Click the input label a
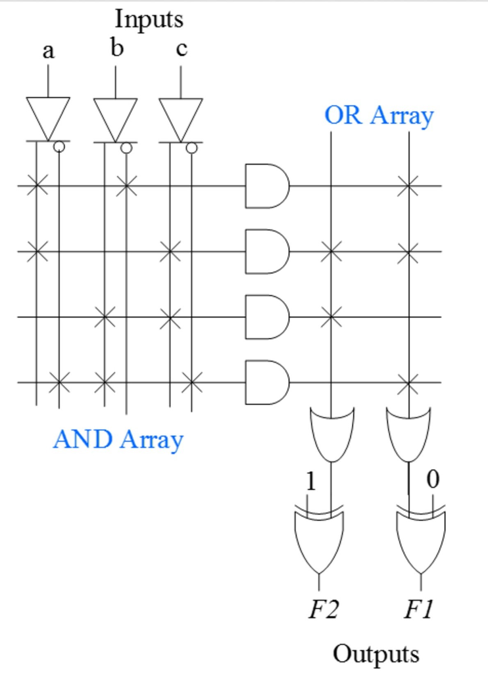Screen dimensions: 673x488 pyautogui.click(x=47, y=51)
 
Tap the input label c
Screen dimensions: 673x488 pyautogui.click(x=182, y=51)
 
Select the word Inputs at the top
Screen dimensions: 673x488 pyautogui.click(x=149, y=19)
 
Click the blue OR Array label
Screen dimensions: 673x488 pyautogui.click(x=379, y=115)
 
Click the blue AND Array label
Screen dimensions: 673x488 pyautogui.click(x=118, y=439)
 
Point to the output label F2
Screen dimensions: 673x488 pyautogui.click(x=324, y=611)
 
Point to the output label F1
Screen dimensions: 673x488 pyautogui.click(x=419, y=611)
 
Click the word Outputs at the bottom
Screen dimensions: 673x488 pyautogui.click(x=376, y=654)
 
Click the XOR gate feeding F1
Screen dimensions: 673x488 pyautogui.click(x=421, y=541)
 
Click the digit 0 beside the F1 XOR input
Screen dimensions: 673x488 pyautogui.click(x=431, y=479)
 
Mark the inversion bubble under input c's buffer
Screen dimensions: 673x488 pyautogui.click(x=191, y=148)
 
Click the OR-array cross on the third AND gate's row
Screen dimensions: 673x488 pyautogui.click(x=331, y=317)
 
